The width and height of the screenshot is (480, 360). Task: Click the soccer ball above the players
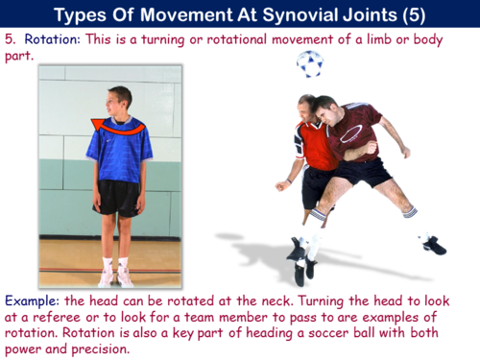309,64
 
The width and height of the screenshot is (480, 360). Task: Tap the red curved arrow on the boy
119,123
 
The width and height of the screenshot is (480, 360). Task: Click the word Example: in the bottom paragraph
32,300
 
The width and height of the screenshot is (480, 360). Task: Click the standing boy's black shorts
118,197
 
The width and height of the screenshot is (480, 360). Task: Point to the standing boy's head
118,100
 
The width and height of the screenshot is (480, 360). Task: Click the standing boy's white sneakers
116,276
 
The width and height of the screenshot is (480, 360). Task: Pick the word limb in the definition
382,40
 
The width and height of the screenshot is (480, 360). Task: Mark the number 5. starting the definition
12,40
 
